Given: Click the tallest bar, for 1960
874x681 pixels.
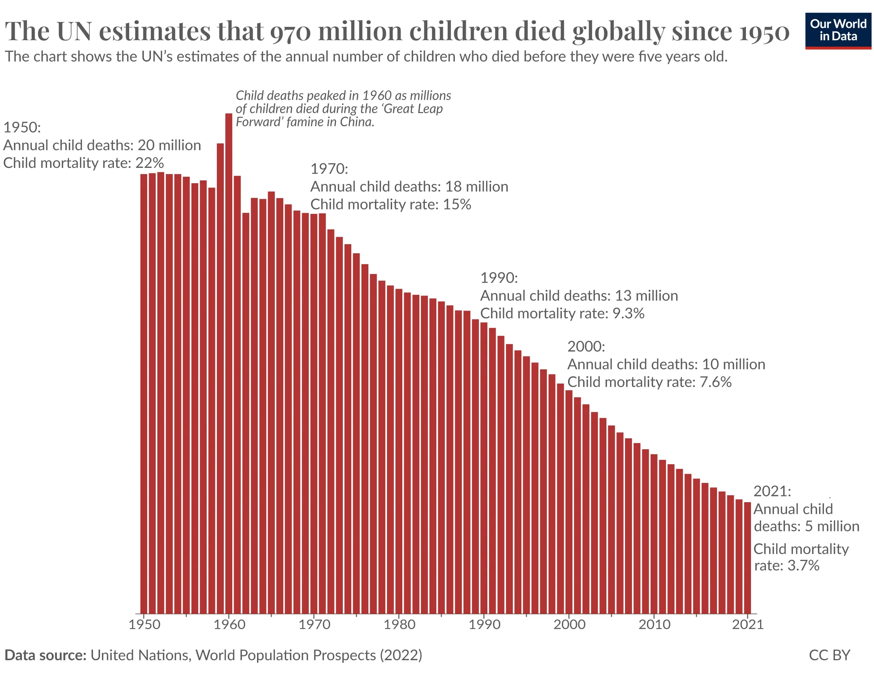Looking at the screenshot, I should (x=229, y=360).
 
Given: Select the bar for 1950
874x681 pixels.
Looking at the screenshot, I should (x=144, y=392).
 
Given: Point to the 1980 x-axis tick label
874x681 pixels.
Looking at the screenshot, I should (x=399, y=624).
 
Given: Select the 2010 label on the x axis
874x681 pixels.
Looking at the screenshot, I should (x=654, y=624).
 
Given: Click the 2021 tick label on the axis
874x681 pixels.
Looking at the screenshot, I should (x=748, y=624).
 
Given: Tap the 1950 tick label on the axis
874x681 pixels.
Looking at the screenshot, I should (x=145, y=624).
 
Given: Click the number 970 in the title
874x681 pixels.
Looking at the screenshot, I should (x=290, y=31).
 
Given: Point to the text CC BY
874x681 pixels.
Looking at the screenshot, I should (x=829, y=655).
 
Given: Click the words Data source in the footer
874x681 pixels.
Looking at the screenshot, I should (x=45, y=655).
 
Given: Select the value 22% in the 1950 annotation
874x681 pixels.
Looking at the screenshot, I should (x=150, y=163).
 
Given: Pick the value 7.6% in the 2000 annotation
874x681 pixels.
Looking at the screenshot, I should (x=716, y=382).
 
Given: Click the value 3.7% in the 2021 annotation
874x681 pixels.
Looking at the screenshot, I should (x=803, y=566).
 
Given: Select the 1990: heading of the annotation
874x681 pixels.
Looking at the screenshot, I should (x=499, y=278).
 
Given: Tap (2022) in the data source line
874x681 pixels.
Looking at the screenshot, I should (x=401, y=655).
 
